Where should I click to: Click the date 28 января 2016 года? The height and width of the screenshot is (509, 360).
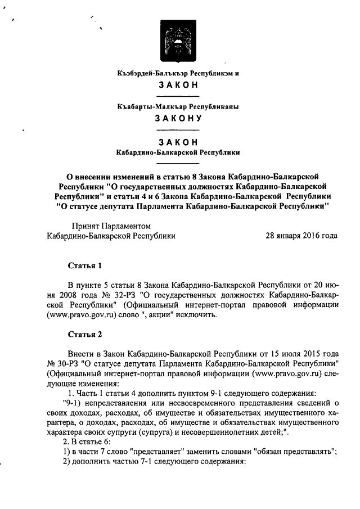coord(301,236)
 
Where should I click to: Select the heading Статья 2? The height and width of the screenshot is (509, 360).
coord(84,334)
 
